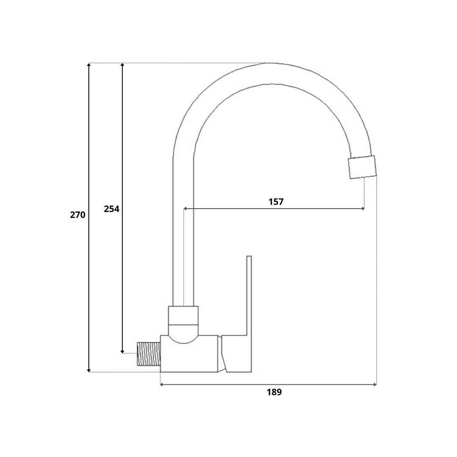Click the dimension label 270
pyautogui.click(x=77, y=215)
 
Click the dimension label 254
pyautogui.click(x=112, y=209)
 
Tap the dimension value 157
pyautogui.click(x=276, y=202)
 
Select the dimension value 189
pyautogui.click(x=274, y=392)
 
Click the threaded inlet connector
pyautogui.click(x=149, y=354)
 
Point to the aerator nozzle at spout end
pyautogui.click(x=362, y=167)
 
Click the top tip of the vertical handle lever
pyautogui.click(x=249, y=256)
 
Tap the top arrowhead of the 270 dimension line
pyautogui.click(x=89, y=65)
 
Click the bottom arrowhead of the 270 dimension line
pyautogui.click(x=89, y=370)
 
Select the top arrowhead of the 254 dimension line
pyautogui.click(x=122, y=65)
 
